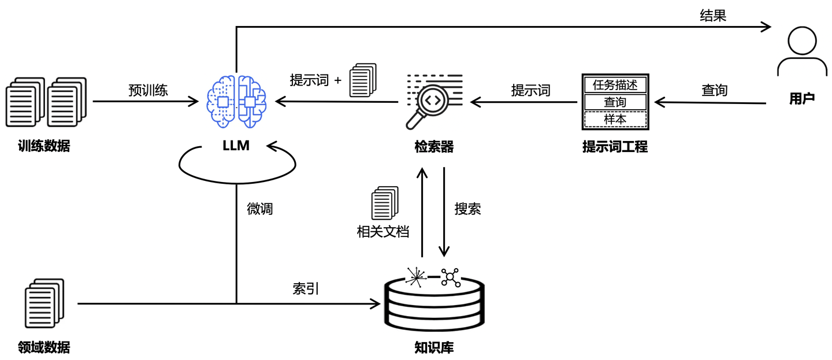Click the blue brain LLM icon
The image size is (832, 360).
coord(236,102)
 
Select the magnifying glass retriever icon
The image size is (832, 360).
coord(433,101)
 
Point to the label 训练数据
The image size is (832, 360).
coord(44,146)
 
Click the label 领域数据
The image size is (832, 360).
coord(44,347)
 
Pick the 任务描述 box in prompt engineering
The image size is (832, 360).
coord(615,84)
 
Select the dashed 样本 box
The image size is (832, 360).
coord(615,119)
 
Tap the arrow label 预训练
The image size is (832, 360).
coord(148,90)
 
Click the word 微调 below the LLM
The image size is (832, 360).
coord(259,209)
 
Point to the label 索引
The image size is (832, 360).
coord(306,289)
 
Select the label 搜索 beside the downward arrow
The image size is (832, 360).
coord(467,209)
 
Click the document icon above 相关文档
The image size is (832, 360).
coord(384,203)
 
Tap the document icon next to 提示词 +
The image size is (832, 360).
coord(363,80)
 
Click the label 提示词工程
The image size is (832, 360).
coord(615,147)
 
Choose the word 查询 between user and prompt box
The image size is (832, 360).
coord(714,90)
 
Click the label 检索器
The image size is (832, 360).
coord(434,147)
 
